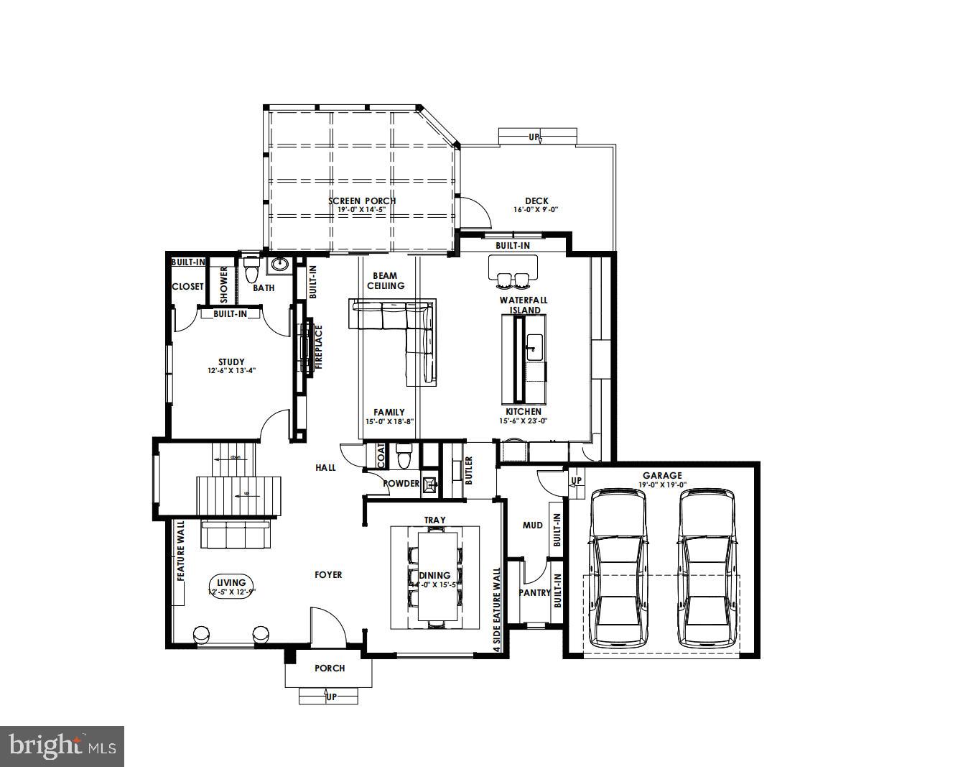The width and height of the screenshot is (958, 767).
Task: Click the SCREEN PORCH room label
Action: (x=362, y=201)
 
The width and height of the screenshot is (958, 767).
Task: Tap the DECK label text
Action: (x=536, y=201)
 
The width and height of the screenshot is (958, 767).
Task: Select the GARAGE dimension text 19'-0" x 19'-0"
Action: (x=662, y=484)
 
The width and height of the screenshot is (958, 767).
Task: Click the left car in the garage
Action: (x=618, y=568)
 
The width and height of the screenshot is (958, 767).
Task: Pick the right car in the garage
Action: (x=707, y=568)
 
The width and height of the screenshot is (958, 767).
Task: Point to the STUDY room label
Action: (x=231, y=362)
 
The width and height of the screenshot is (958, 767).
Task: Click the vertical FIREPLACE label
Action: (x=319, y=347)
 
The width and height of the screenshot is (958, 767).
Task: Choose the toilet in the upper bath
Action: (x=251, y=271)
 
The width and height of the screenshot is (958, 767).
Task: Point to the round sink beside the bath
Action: (x=279, y=265)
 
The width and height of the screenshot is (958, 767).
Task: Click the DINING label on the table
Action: (x=434, y=575)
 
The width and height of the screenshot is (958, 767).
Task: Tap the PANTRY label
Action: (x=534, y=593)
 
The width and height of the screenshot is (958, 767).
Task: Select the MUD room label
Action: (x=532, y=525)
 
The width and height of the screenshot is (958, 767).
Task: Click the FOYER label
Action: (x=328, y=574)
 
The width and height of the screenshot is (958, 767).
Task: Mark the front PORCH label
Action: (x=330, y=668)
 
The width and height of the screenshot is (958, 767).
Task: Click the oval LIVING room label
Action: (x=231, y=583)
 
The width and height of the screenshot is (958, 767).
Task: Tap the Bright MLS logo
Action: (x=62, y=746)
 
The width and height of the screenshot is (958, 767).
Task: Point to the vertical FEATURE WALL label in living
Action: (x=181, y=551)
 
